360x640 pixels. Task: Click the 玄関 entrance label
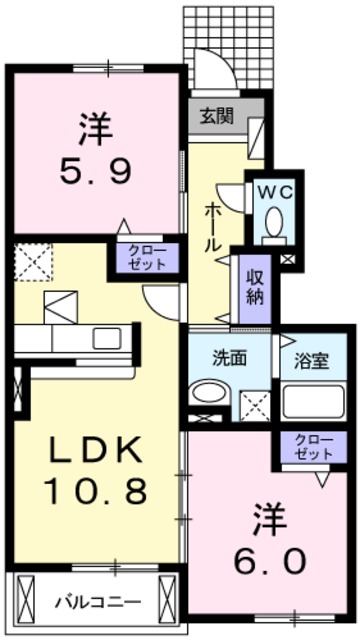(215, 115)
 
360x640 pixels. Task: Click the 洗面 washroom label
(229, 357)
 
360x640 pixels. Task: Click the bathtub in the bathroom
(315, 403)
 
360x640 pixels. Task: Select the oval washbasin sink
(208, 394)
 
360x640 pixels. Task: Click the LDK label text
(84, 451)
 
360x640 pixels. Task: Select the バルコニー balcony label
(97, 602)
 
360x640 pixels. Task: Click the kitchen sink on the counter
(106, 338)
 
